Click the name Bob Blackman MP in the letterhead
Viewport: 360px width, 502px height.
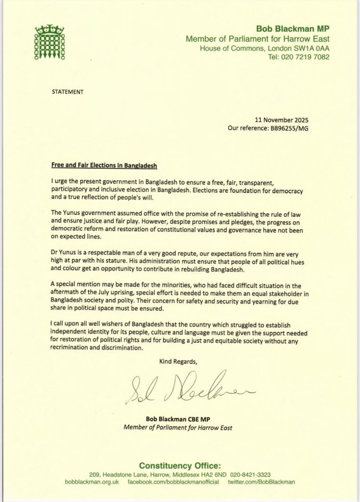296,28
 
